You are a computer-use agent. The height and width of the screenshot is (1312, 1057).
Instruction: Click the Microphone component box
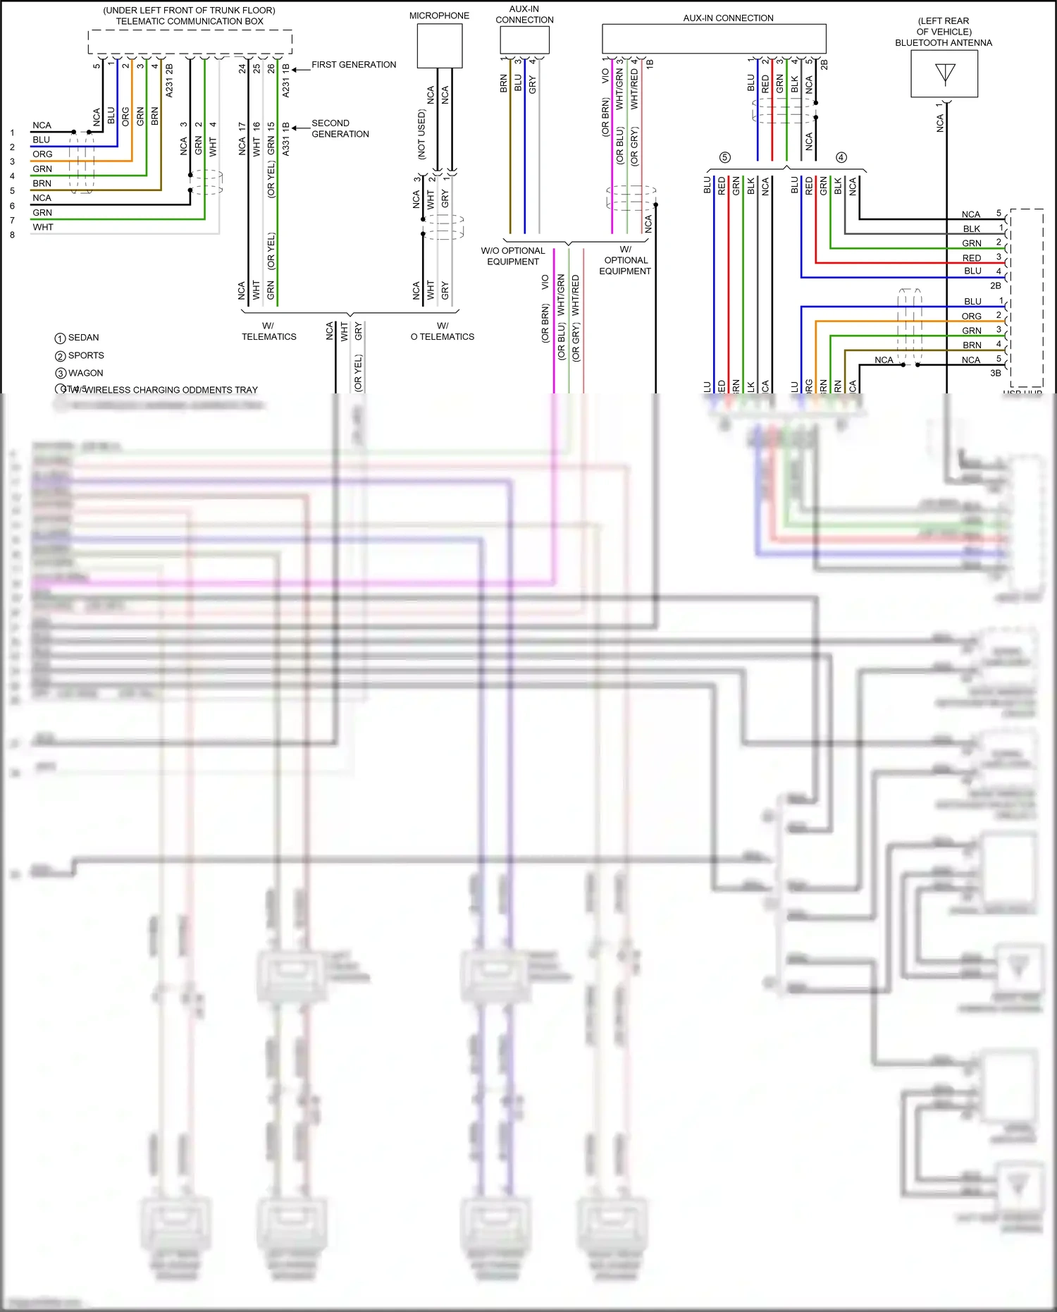pos(439,46)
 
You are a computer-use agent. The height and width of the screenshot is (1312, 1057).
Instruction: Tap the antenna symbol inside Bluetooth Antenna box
pos(944,73)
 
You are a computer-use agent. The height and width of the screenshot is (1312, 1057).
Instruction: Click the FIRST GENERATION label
pos(354,65)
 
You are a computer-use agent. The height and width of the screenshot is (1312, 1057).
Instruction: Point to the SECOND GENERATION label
pos(340,128)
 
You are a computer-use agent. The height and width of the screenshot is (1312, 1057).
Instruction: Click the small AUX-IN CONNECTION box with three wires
pos(524,40)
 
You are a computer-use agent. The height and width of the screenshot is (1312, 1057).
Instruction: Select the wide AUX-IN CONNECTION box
pos(713,39)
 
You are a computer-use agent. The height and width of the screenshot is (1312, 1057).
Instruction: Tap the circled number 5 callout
pos(724,157)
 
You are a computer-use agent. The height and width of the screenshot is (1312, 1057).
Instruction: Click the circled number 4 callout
pos(841,157)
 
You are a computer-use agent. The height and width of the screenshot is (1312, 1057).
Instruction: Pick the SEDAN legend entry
pos(83,338)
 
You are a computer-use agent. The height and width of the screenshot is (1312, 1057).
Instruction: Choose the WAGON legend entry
pos(85,373)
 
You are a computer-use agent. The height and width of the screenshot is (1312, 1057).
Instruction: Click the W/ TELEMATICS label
pos(268,331)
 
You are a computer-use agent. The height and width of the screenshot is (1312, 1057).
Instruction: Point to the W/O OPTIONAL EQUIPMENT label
pos(513,256)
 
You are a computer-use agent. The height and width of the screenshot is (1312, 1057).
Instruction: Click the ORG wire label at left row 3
pos(42,154)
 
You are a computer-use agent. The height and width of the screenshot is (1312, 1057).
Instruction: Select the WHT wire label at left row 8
pos(42,227)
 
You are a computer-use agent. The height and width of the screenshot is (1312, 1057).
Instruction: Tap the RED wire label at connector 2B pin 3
pos(971,258)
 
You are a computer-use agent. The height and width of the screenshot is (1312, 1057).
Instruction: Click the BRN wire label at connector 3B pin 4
pos(972,345)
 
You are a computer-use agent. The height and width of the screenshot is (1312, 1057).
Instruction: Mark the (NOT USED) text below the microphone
pos(421,134)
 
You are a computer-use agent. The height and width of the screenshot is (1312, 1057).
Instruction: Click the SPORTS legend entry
pos(86,355)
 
